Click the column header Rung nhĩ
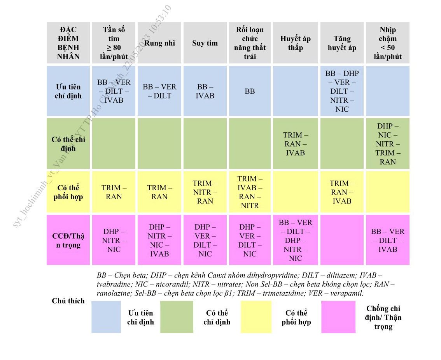[x=159, y=43]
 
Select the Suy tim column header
[x=205, y=43]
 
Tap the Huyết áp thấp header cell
[x=295, y=43]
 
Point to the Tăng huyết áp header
[x=342, y=43]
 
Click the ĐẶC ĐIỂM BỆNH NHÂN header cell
[x=68, y=43]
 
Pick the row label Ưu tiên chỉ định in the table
[x=68, y=91]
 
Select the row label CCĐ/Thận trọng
[x=68, y=240]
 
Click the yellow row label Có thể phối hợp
[x=68, y=192]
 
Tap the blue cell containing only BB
[x=250, y=91]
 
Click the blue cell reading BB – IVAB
[x=205, y=91]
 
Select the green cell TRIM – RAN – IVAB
[x=295, y=144]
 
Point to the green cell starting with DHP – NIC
[x=388, y=144]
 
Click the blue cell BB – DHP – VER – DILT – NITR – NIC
[x=342, y=91]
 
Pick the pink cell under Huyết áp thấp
[x=295, y=240]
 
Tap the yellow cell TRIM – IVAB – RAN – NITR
[x=250, y=192]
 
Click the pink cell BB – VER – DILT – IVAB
[x=388, y=240]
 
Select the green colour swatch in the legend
[x=177, y=317]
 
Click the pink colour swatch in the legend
[x=338, y=317]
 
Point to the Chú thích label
[x=68, y=301]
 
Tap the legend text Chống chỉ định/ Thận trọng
[x=383, y=317]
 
